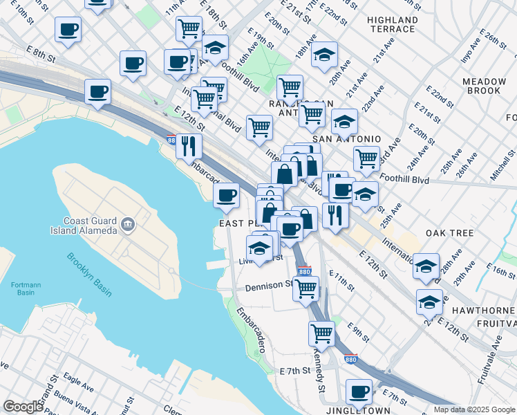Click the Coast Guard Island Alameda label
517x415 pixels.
pyautogui.click(x=82, y=224)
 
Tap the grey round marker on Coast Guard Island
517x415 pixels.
pyautogui.click(x=127, y=223)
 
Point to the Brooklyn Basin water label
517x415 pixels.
pyautogui.click(x=90, y=275)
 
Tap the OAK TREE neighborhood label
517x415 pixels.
pyautogui.click(x=450, y=233)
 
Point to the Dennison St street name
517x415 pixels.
pyautogui.click(x=270, y=285)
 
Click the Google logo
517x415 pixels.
pyautogui.click(x=23, y=407)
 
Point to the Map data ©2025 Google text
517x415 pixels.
pyautogui.click(x=473, y=409)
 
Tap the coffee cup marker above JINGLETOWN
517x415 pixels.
pyautogui.click(x=359, y=393)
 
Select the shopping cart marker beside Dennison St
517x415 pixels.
pyautogui.click(x=305, y=288)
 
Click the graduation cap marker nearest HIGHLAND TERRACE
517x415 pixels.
pyautogui.click(x=324, y=55)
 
